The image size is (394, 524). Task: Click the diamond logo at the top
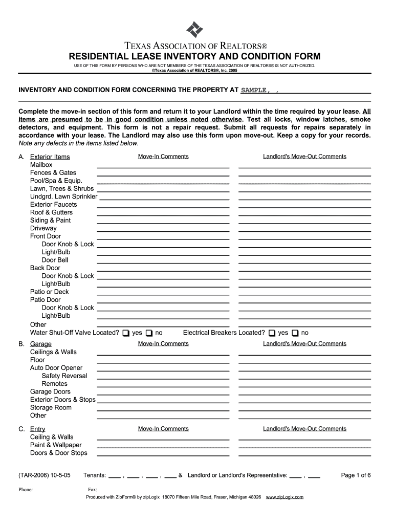pos(194,30)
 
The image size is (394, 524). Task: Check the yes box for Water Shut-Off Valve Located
pos(126,333)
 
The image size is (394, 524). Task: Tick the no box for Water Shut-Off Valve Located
pos(149,333)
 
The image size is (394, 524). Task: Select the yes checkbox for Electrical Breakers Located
pos(272,333)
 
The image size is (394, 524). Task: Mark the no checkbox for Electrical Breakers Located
pos(295,333)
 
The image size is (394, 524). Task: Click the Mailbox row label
pos(41,165)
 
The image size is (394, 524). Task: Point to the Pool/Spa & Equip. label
pos(56,181)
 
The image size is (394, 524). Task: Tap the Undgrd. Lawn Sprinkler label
pos(63,196)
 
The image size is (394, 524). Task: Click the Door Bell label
pos(55,260)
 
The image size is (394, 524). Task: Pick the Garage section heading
pos(40,344)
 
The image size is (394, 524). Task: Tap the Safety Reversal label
pos(64,376)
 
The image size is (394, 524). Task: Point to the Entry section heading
pos(37,429)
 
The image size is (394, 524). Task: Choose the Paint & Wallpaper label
pos(56,445)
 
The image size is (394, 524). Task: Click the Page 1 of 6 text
pos(356,475)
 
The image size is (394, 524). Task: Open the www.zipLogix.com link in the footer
pos(285,497)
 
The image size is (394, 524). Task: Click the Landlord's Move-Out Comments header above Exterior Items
pos(304,157)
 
